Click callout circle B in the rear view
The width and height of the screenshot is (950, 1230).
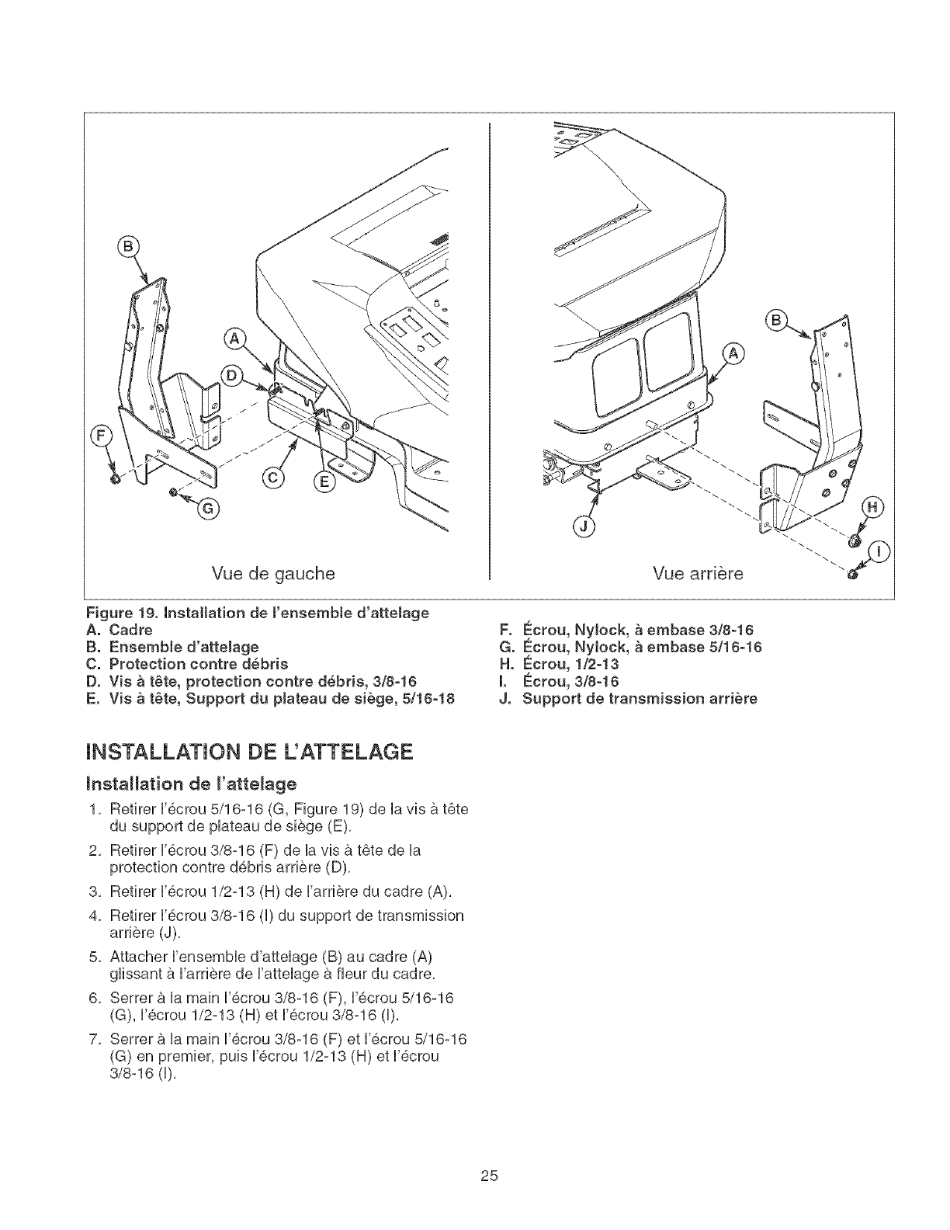(776, 319)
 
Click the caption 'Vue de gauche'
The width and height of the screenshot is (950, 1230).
(274, 574)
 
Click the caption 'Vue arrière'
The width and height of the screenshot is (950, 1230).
(698, 574)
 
